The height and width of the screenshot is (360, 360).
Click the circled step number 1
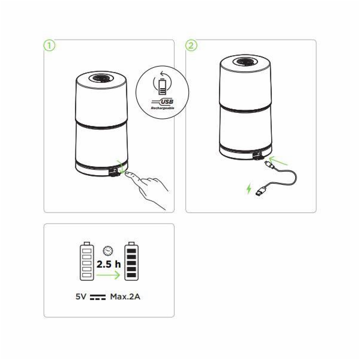(x=49, y=46)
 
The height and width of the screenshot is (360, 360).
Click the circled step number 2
(x=191, y=46)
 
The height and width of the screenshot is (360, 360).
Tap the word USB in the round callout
(x=167, y=101)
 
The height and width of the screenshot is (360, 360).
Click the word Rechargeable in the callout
(x=163, y=108)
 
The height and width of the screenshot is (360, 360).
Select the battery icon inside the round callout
(x=163, y=86)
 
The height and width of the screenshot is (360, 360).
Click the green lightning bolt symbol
(x=248, y=189)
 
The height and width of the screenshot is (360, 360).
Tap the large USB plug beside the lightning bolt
(x=262, y=191)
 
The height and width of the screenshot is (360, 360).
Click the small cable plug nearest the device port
(x=269, y=164)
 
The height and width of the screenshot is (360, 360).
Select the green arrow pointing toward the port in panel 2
(x=278, y=160)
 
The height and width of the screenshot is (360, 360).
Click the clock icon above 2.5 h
(x=108, y=251)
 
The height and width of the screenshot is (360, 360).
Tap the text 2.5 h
(x=109, y=264)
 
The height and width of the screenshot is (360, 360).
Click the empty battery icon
(x=87, y=261)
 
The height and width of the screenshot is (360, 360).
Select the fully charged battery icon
(x=131, y=261)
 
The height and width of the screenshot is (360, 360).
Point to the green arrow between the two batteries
(x=108, y=275)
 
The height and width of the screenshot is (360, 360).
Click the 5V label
(x=81, y=296)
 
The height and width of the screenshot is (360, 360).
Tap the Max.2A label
(x=125, y=296)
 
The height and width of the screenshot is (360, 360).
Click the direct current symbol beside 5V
(x=98, y=297)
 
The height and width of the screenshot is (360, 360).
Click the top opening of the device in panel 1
(x=101, y=78)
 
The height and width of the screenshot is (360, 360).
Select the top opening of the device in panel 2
(x=245, y=62)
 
